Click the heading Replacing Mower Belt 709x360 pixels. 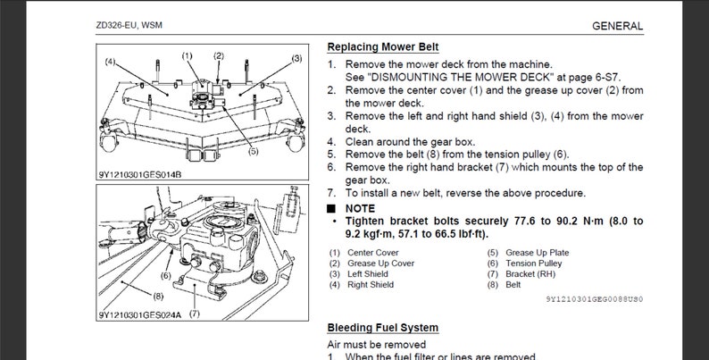click(x=382, y=46)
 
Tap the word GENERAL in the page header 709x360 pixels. click(x=617, y=26)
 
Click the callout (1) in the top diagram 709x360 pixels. click(x=188, y=55)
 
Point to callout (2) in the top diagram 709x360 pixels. click(x=219, y=55)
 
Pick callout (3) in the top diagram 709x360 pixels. click(x=296, y=58)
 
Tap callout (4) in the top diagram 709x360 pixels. click(x=110, y=62)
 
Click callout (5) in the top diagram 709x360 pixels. click(x=253, y=151)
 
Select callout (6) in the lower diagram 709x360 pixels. click(x=166, y=276)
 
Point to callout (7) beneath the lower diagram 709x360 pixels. click(x=194, y=314)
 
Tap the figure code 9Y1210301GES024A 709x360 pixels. click(x=139, y=314)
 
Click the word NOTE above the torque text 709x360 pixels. click(x=360, y=207)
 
